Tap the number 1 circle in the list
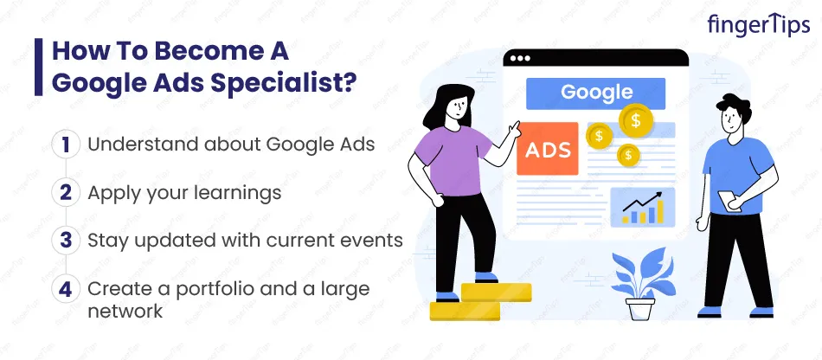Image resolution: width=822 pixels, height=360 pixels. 66,145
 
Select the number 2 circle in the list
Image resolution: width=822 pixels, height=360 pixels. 66,192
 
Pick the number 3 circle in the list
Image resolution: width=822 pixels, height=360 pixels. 66,241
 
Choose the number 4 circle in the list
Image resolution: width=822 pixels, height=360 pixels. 66,289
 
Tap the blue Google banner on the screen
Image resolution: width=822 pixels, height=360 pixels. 595,93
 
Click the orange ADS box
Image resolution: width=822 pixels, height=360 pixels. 548,149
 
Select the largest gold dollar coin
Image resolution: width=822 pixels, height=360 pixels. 635,120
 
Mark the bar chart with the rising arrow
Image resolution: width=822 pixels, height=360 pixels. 643,208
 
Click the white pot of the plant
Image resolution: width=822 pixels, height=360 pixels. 640,309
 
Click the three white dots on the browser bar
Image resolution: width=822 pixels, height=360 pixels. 520,58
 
